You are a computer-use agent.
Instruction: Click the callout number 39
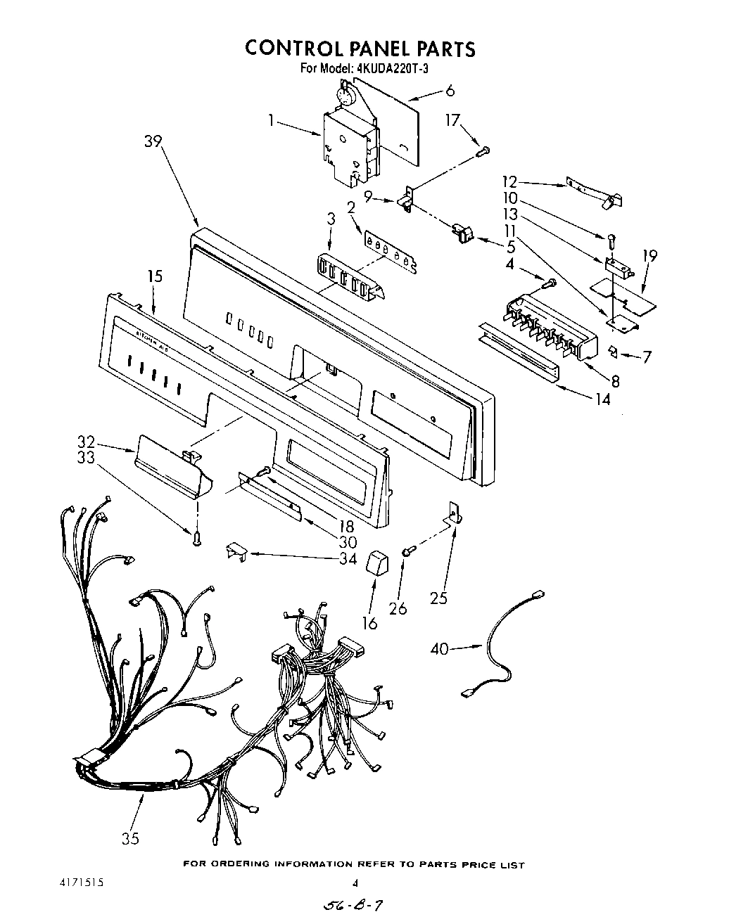pos(153,141)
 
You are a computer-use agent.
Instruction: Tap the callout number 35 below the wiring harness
pos(130,838)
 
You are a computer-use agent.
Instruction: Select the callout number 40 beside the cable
pos(439,648)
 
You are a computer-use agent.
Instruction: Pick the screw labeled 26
pos(407,553)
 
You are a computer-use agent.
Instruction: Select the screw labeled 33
pos(198,538)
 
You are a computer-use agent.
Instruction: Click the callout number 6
pos(450,90)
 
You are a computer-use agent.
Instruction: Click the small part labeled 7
pos(612,349)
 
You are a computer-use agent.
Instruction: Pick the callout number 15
pos(155,276)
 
